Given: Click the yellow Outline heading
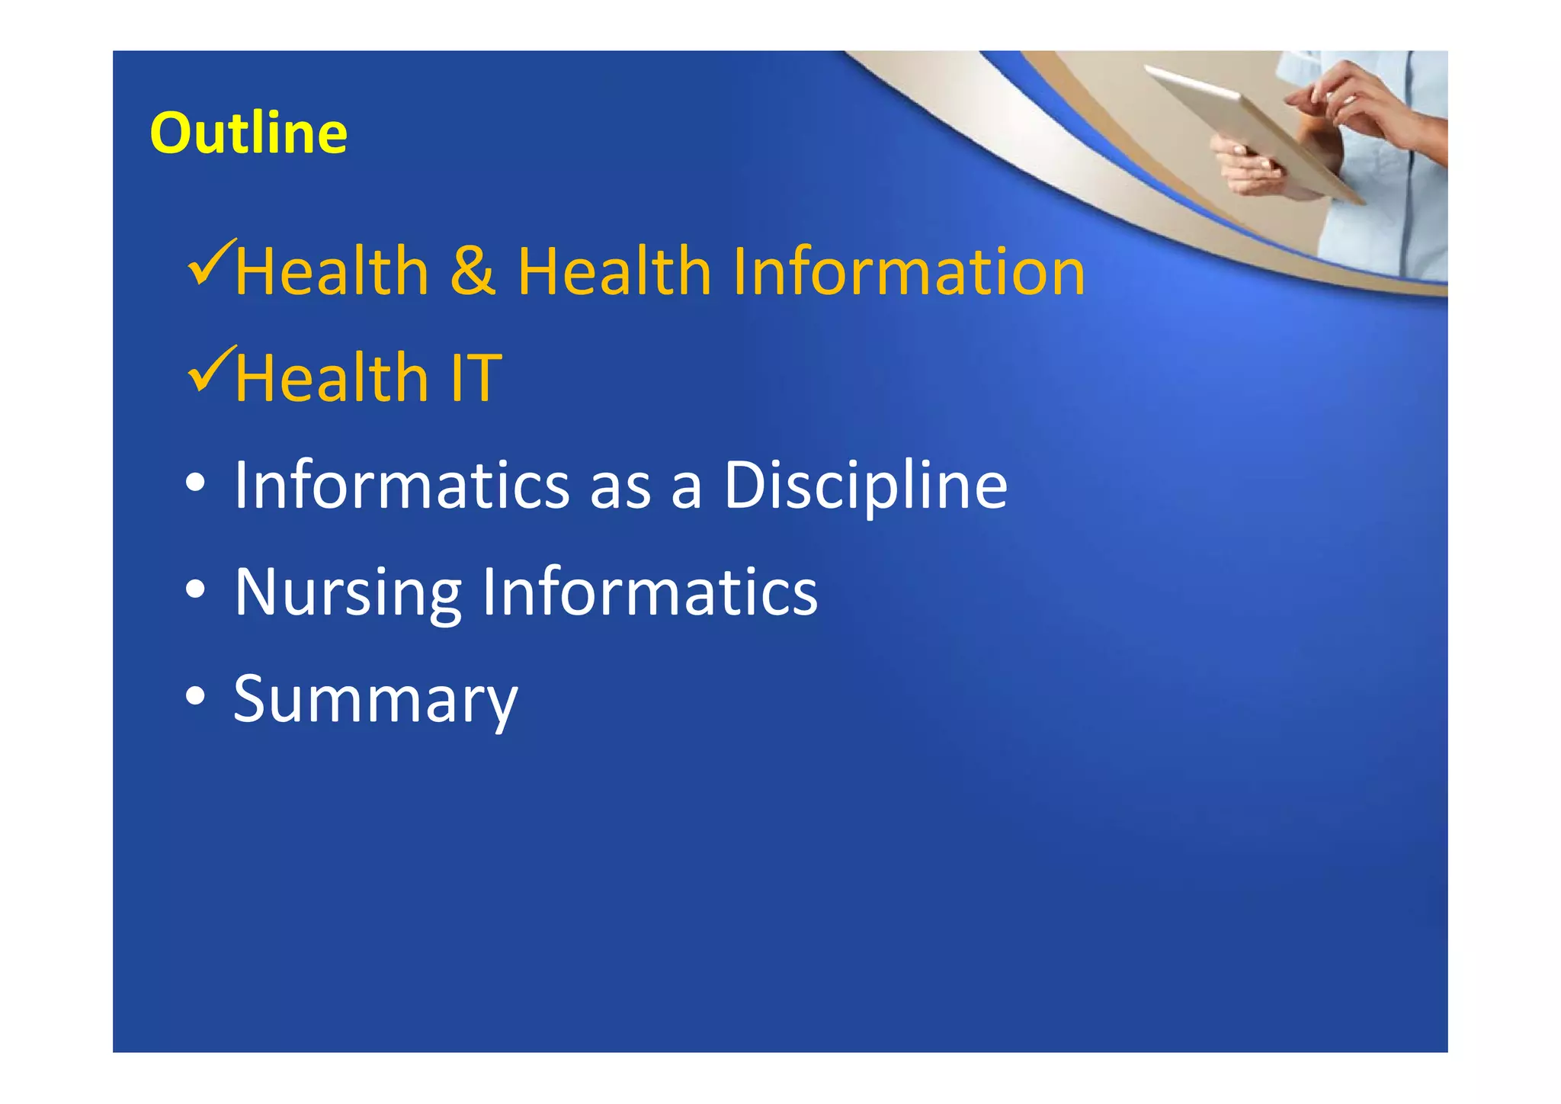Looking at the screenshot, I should point(248,133).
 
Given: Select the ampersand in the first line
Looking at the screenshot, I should point(473,272).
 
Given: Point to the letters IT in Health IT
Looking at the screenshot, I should point(476,378).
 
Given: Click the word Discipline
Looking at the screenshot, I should point(865,486).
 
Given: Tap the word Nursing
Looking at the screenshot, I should point(348,594).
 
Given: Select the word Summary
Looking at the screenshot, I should point(375,701).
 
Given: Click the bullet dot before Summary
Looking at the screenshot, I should point(196,696).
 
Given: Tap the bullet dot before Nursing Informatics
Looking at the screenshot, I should point(196,589).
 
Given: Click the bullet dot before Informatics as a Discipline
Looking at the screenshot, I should point(196,483).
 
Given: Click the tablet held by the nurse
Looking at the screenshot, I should point(1250,130).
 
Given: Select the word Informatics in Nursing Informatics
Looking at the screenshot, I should point(649,592).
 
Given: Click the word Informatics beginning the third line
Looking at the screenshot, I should point(402,486).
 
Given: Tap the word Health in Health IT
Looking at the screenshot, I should point(332,378).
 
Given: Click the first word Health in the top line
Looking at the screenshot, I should point(332,272).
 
